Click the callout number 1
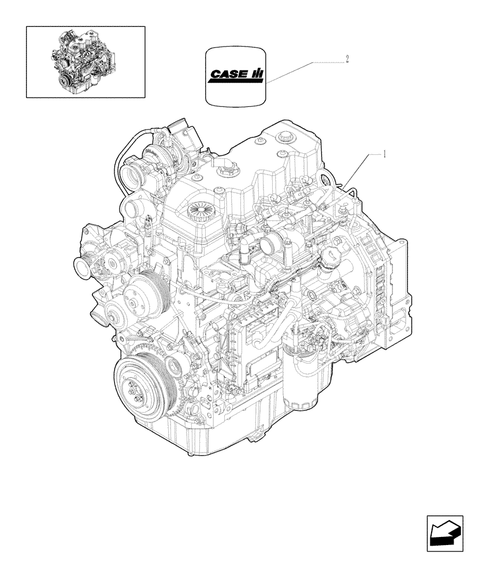click(x=384, y=154)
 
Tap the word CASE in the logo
click(x=227, y=75)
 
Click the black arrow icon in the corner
click(x=445, y=530)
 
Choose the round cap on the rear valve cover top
click(x=285, y=136)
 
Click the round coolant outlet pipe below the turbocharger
click(x=131, y=206)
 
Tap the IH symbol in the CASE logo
click(x=257, y=75)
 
